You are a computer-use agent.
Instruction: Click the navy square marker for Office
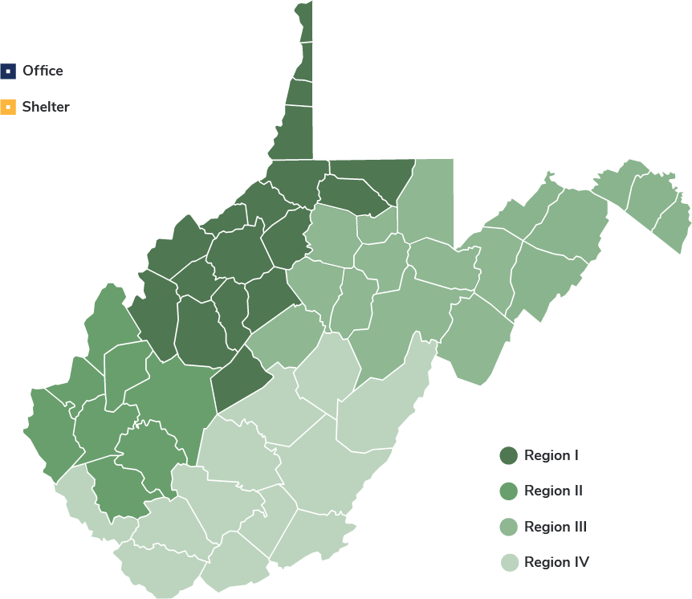(8, 71)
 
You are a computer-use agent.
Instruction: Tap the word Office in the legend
(43, 71)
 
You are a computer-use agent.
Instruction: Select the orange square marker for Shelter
(8, 107)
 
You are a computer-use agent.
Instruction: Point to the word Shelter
(46, 107)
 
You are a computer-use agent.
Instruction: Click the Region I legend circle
(508, 456)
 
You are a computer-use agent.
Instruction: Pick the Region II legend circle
(508, 491)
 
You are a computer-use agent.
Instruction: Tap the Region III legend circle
(508, 527)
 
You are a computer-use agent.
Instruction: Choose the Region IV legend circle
(508, 562)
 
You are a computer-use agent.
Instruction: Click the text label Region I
(552, 456)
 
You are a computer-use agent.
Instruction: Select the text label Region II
(553, 491)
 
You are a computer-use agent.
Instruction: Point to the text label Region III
(555, 527)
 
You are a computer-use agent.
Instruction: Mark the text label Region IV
(556, 562)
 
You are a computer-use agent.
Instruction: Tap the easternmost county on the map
(673, 225)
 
